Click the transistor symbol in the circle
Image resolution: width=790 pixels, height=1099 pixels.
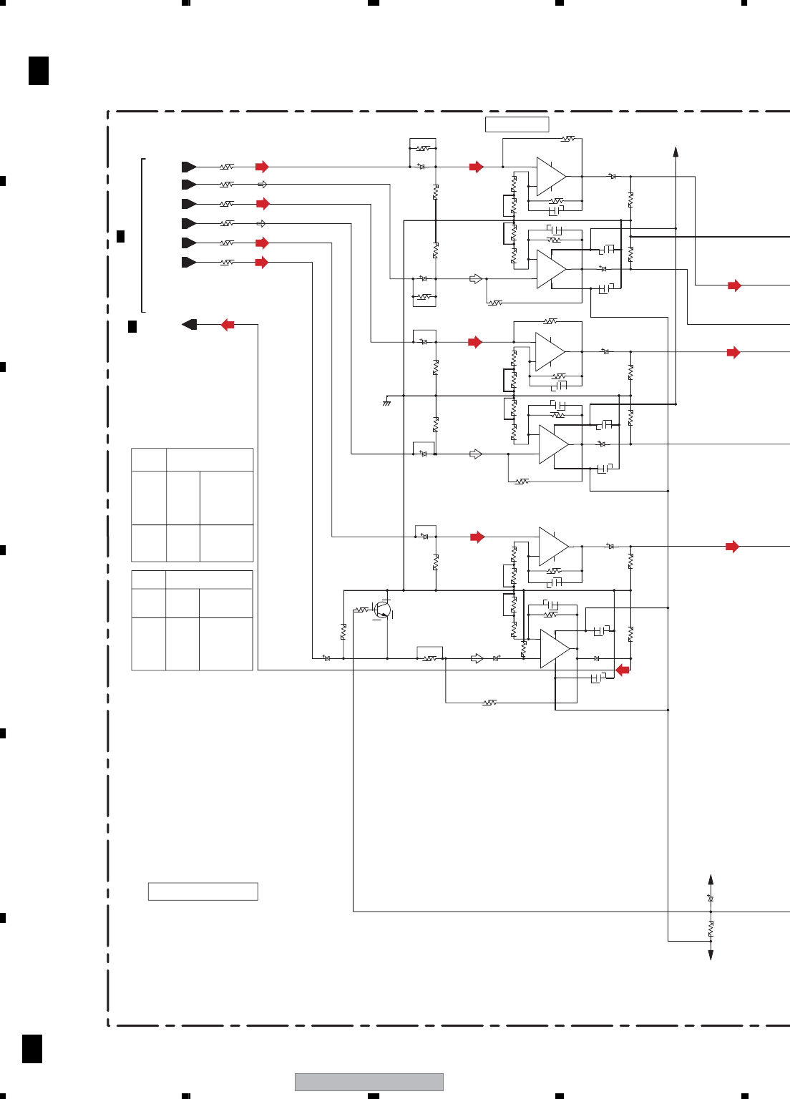383,610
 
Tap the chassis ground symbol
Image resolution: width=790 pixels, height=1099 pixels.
386,403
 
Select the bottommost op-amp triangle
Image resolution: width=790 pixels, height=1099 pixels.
555,650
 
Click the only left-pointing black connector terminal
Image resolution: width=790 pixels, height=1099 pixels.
190,325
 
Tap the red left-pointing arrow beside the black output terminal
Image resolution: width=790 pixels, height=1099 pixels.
228,325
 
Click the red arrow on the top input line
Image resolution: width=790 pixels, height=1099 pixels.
262,167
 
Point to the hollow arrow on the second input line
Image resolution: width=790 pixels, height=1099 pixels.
262,185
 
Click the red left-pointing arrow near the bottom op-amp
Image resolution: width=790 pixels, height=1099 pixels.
623,670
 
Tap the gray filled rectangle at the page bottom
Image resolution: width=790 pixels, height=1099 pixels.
369,1082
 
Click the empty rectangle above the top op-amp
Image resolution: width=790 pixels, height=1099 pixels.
517,124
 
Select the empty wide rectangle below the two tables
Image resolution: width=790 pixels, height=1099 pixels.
203,892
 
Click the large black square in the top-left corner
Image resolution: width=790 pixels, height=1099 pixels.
39,71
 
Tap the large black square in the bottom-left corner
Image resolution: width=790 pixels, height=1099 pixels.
32,1049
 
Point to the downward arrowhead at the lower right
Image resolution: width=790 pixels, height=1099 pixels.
711,954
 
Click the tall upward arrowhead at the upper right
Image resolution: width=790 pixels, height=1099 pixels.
676,152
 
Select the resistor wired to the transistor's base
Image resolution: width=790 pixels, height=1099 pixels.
361,610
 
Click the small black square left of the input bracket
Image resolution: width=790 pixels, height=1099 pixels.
120,236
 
